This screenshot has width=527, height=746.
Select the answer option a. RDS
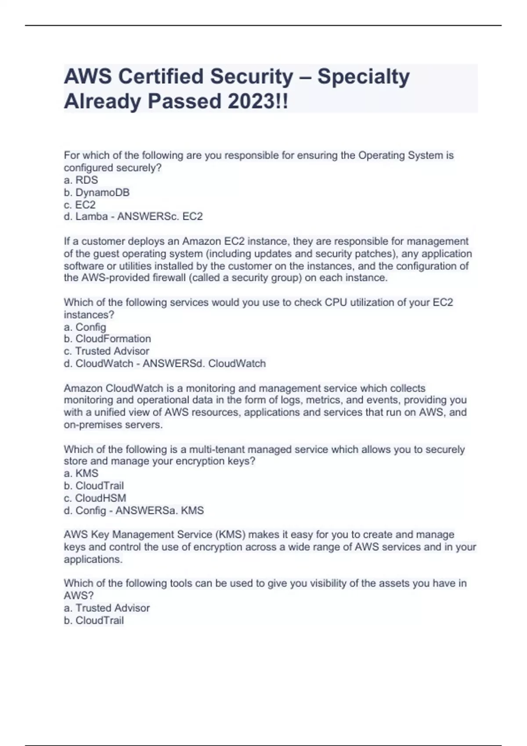click(x=81, y=180)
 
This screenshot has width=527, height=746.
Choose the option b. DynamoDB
click(x=97, y=192)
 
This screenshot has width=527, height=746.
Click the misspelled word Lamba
click(x=91, y=216)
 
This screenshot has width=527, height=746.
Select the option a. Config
click(x=85, y=327)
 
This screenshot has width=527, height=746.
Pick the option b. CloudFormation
click(x=107, y=339)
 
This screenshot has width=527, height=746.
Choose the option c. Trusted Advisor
click(x=106, y=351)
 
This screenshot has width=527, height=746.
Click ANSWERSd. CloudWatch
click(x=204, y=363)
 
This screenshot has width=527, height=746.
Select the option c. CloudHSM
click(x=95, y=498)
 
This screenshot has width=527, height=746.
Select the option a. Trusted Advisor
click(x=107, y=608)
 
